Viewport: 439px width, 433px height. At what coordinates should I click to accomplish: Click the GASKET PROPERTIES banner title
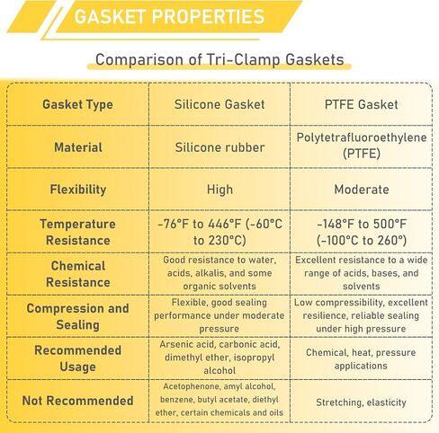[x=169, y=16]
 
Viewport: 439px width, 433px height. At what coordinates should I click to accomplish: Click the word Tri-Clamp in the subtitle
[x=244, y=59]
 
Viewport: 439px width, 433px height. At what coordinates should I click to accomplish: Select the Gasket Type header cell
[x=77, y=104]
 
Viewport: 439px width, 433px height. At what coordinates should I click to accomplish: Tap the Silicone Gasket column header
[x=219, y=104]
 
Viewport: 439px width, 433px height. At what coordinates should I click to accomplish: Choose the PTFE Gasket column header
[x=362, y=104]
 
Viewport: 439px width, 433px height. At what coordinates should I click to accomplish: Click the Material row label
[x=78, y=147]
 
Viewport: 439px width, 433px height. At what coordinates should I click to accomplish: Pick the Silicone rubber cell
[x=219, y=147]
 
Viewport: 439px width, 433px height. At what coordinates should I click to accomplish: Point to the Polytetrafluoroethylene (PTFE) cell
[x=362, y=146]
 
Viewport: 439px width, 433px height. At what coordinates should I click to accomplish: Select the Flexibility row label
[x=78, y=190]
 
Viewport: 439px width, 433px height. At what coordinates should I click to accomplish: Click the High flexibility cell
[x=219, y=190]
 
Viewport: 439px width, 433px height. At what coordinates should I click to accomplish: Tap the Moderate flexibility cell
[x=362, y=190]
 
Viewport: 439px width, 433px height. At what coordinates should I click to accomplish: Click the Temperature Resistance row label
[x=77, y=232]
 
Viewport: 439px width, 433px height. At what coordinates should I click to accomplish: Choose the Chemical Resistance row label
[x=78, y=274]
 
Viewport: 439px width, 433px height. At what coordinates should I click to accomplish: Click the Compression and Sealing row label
[x=77, y=316]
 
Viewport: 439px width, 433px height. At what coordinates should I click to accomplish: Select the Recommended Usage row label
[x=77, y=358]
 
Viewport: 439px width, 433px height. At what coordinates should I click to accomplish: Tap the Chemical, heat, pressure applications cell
[x=361, y=359]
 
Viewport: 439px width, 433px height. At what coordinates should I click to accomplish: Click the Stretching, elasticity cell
[x=361, y=402]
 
